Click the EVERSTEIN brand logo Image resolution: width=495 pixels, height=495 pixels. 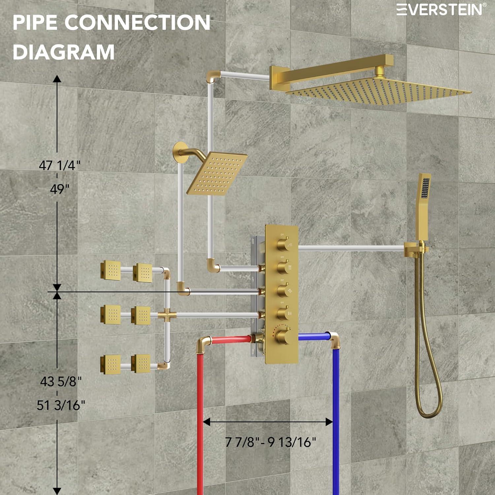(441, 9)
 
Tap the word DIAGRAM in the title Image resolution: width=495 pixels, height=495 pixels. (63, 52)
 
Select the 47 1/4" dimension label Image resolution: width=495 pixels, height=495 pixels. (59, 165)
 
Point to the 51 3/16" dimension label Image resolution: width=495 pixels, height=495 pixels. (61, 405)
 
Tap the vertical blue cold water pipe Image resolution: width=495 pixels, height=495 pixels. (336, 412)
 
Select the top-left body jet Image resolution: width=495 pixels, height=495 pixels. (111, 269)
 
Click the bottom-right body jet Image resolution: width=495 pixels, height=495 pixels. (141, 364)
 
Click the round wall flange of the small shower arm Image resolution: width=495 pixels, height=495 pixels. (180, 152)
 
